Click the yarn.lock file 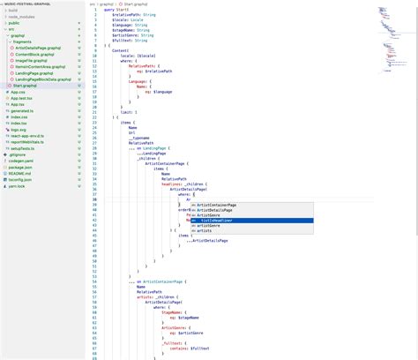click(x=19, y=187)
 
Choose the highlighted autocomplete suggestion click(x=216, y=221)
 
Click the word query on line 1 click(x=109, y=10)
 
